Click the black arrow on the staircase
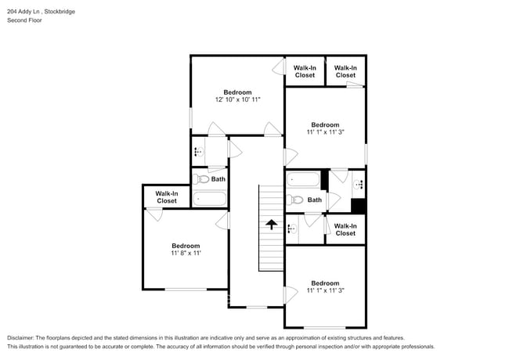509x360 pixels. pyautogui.click(x=272, y=225)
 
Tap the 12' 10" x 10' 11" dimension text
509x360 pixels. pyautogui.click(x=237, y=100)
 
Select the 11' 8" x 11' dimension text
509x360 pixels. pyautogui.click(x=186, y=254)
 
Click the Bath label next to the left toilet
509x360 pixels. pyautogui.click(x=218, y=179)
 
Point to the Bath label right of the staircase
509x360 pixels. pyautogui.click(x=314, y=200)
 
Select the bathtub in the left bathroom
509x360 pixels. pyautogui.click(x=209, y=198)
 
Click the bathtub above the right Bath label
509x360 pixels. pyautogui.click(x=302, y=180)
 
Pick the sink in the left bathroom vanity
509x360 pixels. pyautogui.click(x=197, y=152)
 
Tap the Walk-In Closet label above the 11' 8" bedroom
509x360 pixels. pyautogui.click(x=166, y=197)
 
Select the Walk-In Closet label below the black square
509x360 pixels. pyautogui.click(x=345, y=229)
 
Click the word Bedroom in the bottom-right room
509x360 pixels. pyautogui.click(x=325, y=283)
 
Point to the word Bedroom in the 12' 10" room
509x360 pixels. pyautogui.click(x=237, y=92)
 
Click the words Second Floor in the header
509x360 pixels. pyautogui.click(x=24, y=20)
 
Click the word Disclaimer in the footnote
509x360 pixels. pyautogui.click(x=21, y=337)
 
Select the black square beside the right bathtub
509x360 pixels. pyautogui.click(x=358, y=207)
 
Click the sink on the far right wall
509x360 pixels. pyautogui.click(x=359, y=185)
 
